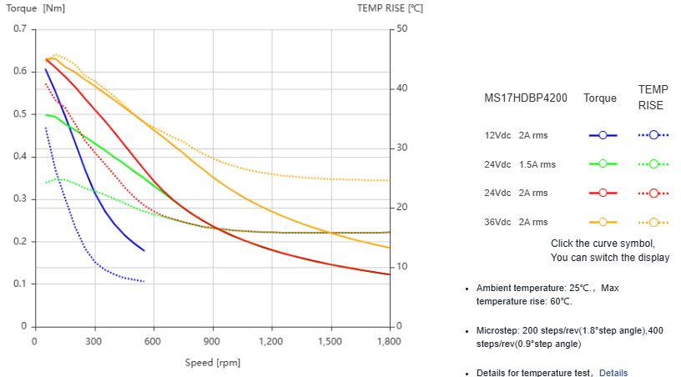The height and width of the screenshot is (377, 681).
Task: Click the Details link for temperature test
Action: tap(613, 373)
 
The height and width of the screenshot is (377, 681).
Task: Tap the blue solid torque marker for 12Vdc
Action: tap(603, 134)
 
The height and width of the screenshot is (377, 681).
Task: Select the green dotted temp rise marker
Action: tap(653, 163)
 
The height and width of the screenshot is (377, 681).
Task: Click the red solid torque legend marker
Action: tap(603, 193)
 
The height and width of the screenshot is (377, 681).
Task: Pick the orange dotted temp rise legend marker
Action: tap(653, 222)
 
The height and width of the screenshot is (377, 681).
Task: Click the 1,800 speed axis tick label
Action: tap(389, 341)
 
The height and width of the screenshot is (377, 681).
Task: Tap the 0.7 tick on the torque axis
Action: tap(19, 28)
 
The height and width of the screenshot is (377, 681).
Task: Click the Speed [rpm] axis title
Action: tap(213, 363)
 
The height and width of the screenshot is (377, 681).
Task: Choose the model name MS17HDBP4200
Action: tap(526, 98)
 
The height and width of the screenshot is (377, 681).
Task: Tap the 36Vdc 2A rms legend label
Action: tap(516, 222)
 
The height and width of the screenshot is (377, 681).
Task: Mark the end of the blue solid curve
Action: tap(144, 250)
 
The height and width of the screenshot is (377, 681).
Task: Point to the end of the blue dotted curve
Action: tap(144, 282)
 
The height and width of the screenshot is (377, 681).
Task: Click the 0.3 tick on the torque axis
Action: tap(19, 199)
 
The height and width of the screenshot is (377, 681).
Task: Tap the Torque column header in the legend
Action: tap(600, 98)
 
